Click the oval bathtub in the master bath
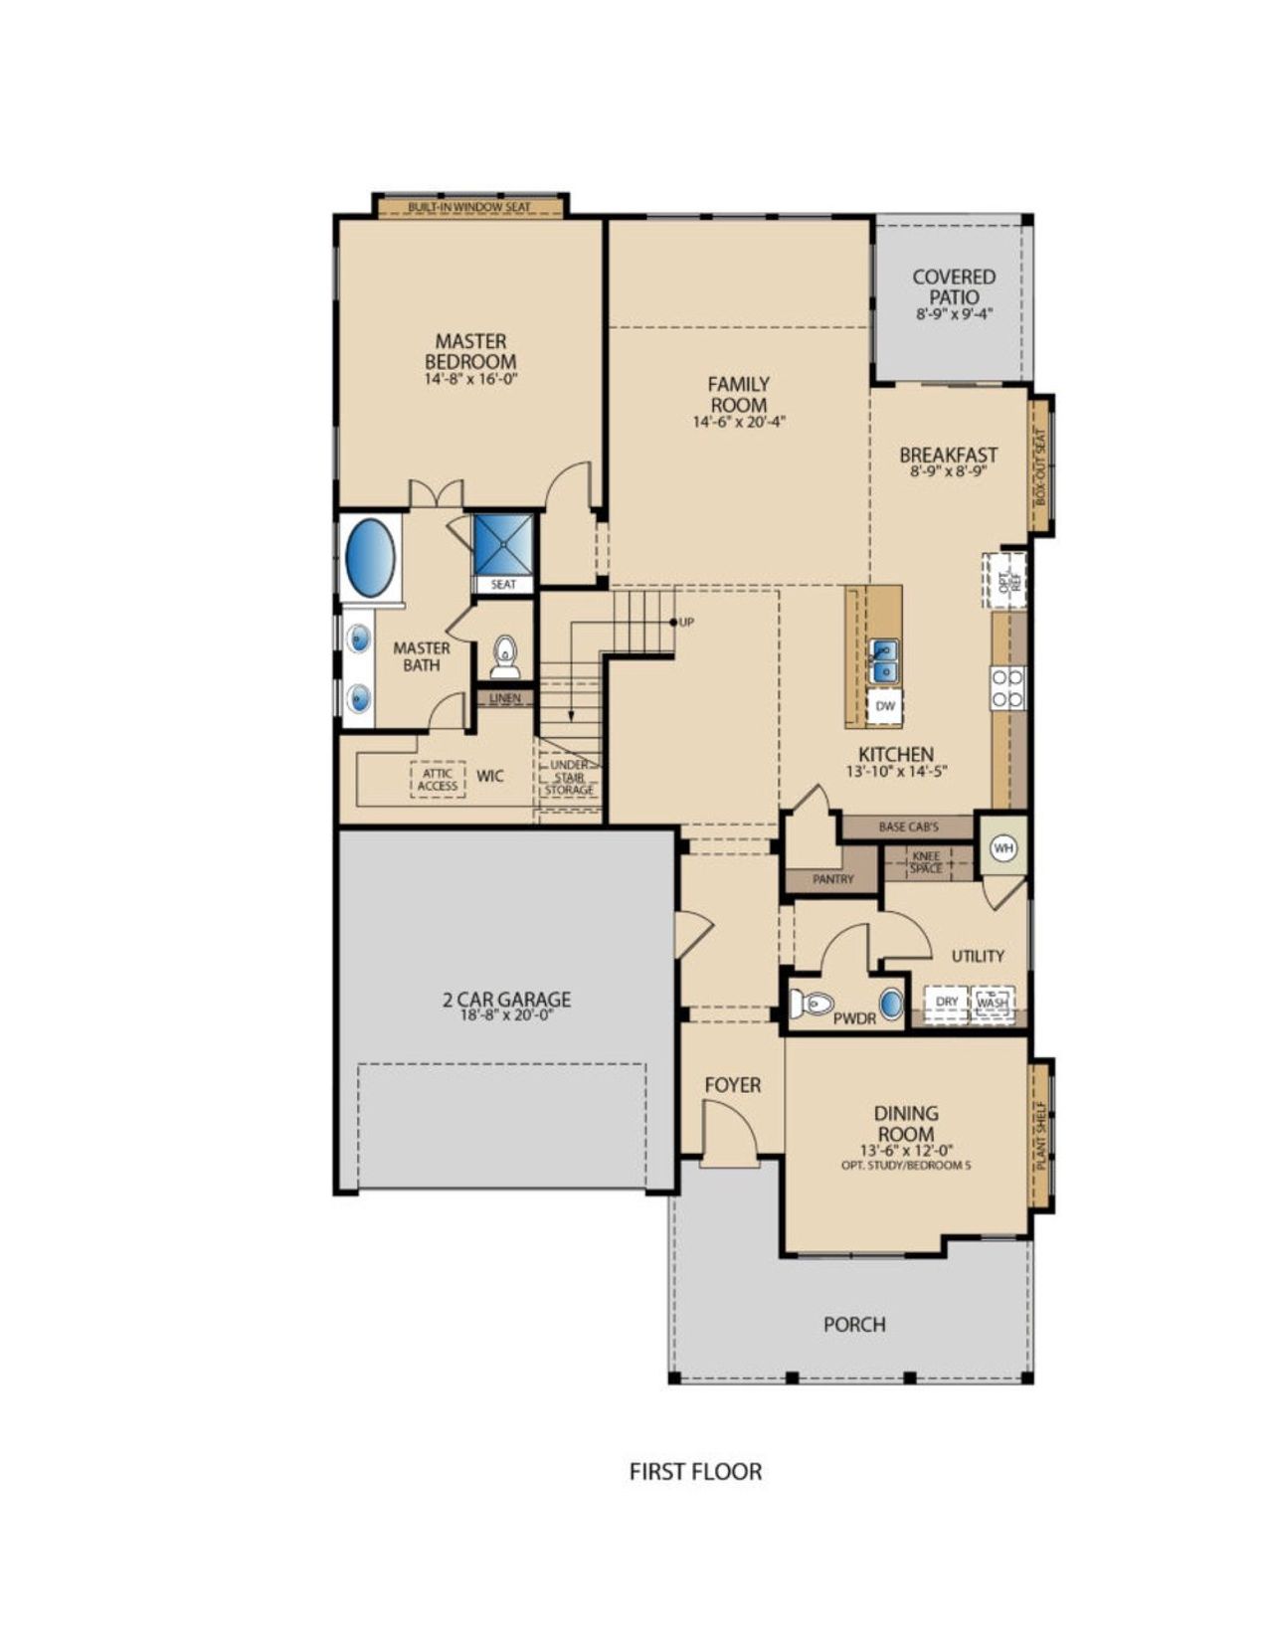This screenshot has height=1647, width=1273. click(369, 557)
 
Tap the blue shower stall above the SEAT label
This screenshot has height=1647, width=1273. click(503, 544)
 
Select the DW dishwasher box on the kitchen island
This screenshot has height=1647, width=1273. click(885, 706)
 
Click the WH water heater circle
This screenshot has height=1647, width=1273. click(1002, 847)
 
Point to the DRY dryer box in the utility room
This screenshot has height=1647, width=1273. click(947, 1002)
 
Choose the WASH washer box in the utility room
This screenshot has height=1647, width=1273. click(993, 1002)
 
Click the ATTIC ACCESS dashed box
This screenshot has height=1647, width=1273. click(438, 780)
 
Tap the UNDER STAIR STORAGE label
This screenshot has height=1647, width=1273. click(570, 778)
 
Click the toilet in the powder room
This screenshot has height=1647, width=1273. click(810, 1004)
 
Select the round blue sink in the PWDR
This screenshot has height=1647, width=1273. click(891, 1004)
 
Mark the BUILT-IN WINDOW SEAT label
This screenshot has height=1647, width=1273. click(469, 208)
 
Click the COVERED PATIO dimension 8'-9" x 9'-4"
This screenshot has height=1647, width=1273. click(954, 314)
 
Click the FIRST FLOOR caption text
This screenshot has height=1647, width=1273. click(695, 1471)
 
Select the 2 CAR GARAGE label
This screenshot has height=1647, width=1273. click(507, 1000)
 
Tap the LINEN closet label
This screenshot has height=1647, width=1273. click(505, 698)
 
